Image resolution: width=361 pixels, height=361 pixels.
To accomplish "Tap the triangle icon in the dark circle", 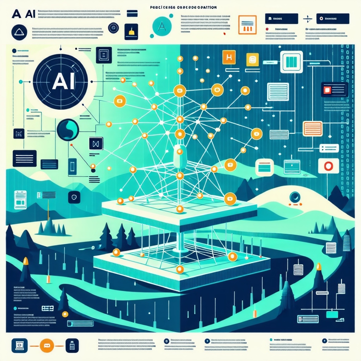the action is click(19, 33).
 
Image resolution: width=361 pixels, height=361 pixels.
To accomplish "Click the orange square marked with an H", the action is click(229, 57).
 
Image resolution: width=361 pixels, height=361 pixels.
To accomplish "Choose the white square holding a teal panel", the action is click(291, 62).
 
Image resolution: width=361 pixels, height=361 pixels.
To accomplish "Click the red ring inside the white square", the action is click(328, 166).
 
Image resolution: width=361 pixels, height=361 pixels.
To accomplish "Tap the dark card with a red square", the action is click(334, 90).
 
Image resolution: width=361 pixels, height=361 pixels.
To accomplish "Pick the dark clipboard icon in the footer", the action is click(72, 346).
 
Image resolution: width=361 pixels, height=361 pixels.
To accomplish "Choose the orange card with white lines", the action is click(312, 128).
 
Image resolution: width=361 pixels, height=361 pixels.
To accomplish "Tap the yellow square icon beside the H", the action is click(252, 59).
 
